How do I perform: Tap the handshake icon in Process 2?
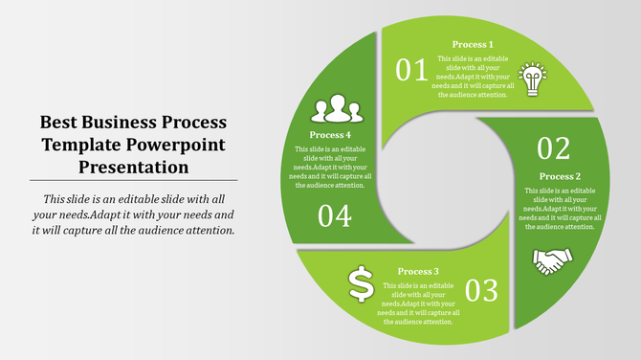tap(552, 259)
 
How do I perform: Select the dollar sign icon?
tap(360, 282)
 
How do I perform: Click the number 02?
tap(554, 148)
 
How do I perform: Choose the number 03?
tap(482, 289)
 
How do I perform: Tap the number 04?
tap(334, 216)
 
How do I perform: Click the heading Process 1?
tap(473, 44)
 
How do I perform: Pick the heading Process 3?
tap(418, 271)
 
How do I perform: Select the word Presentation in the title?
tap(134, 167)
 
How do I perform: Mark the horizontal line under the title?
tap(134, 180)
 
